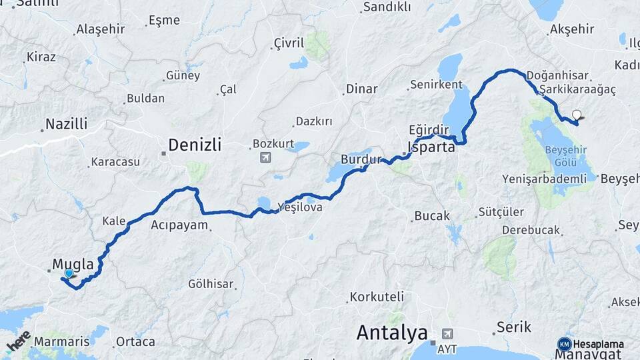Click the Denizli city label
194,145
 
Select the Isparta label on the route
431,147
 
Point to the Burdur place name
360,160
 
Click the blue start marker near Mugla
68,273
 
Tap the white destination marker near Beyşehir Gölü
576,115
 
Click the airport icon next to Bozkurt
266,158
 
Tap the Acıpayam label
179,225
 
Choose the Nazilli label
66,123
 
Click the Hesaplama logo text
598,345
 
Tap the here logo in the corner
19,342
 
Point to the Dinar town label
361,89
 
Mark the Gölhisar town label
211,284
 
